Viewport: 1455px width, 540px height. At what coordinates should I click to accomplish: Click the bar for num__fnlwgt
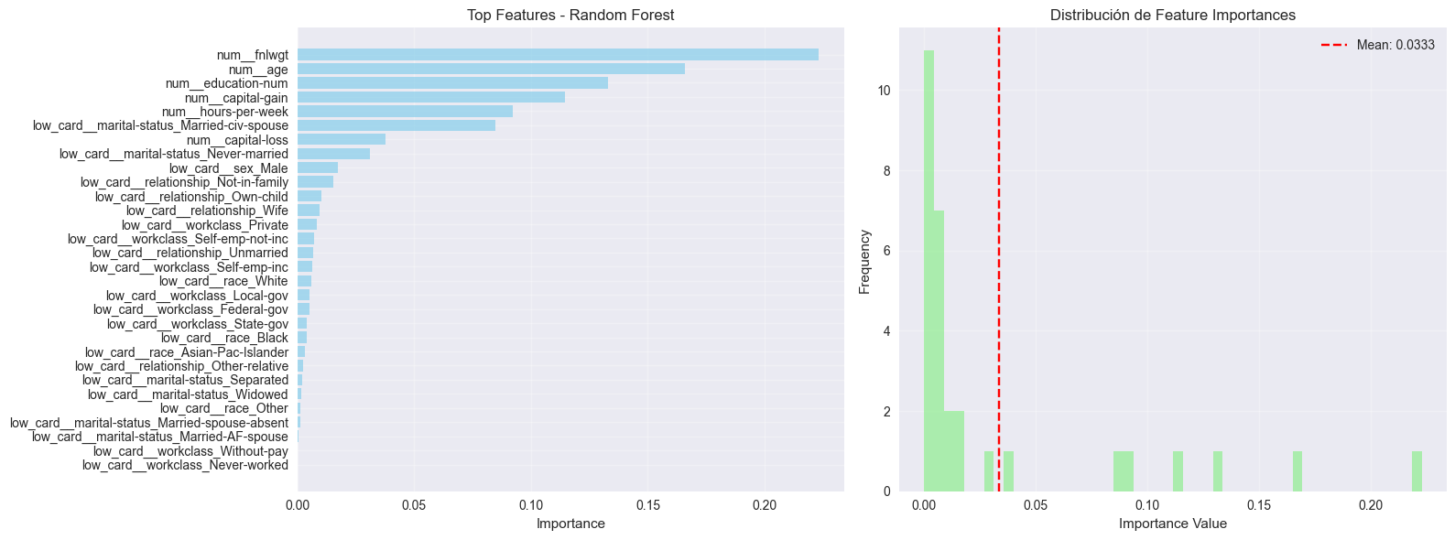[x=558, y=55]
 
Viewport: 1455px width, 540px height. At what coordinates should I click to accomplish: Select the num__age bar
[x=491, y=70]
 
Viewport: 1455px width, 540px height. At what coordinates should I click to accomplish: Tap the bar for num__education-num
[x=452, y=83]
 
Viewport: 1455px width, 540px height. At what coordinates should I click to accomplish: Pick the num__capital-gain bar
[x=431, y=97]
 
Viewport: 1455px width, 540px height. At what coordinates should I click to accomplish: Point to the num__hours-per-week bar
[x=405, y=112]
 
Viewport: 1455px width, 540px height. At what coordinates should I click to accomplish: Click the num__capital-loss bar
[x=342, y=140]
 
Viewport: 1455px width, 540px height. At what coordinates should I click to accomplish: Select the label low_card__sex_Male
[x=228, y=168]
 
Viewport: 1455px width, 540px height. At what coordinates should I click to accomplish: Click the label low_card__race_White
[x=223, y=281]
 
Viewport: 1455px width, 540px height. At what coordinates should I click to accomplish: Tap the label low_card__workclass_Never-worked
[x=185, y=465]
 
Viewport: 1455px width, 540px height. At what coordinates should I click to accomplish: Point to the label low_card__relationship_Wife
[x=207, y=211]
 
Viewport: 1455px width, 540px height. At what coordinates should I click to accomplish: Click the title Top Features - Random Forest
[x=570, y=15]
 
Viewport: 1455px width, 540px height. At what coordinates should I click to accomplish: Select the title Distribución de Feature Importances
[x=1172, y=15]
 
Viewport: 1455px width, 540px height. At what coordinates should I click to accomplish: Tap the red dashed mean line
[x=999, y=275]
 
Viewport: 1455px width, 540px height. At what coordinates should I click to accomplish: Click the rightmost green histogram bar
[x=1417, y=471]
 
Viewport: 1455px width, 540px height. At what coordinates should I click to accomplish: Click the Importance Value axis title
[x=1172, y=524]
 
